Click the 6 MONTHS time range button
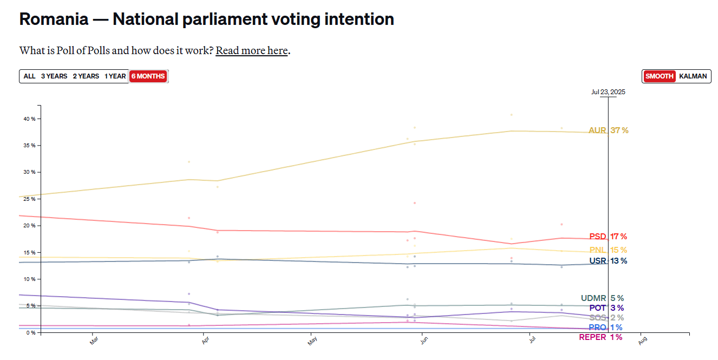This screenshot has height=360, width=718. (148, 76)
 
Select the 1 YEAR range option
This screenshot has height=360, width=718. (115, 76)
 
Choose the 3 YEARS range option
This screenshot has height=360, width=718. (54, 76)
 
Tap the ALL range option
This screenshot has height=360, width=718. (29, 76)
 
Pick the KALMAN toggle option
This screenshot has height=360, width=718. (693, 76)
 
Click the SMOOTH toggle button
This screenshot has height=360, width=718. (660, 76)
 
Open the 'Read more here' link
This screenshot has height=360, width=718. (252, 50)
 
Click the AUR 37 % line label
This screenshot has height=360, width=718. (609, 130)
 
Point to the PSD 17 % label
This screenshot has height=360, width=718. (608, 237)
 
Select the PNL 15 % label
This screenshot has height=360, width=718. (608, 250)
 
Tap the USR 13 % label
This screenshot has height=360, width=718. (608, 261)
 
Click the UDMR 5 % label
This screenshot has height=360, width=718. (602, 298)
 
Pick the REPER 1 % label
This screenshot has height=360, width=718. (600, 337)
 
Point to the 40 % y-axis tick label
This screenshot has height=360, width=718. (29, 119)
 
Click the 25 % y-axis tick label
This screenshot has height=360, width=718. (29, 199)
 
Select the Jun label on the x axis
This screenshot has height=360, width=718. (424, 340)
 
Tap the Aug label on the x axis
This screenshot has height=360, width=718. (642, 341)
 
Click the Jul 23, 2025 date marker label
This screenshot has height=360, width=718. (608, 92)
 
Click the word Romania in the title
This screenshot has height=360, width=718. (54, 19)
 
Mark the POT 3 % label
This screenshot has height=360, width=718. (606, 308)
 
